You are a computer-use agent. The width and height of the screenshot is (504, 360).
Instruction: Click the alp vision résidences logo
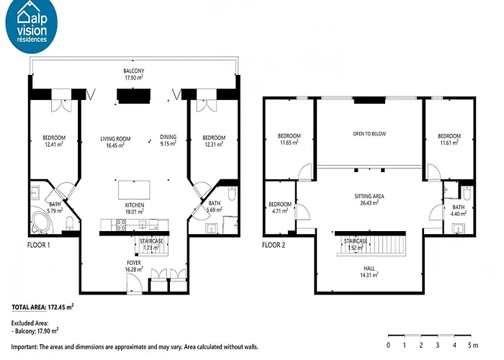click(x=32, y=25)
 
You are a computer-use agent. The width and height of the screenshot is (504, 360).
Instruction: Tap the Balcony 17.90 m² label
click(x=134, y=74)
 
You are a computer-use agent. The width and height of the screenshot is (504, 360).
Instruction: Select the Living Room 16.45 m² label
click(x=115, y=142)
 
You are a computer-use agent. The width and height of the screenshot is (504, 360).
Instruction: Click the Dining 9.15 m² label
click(x=168, y=140)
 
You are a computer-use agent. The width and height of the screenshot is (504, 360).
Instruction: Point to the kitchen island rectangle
click(x=134, y=189)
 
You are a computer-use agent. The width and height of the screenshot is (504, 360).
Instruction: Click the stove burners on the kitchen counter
click(x=121, y=225)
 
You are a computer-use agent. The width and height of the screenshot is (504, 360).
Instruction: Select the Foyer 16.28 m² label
click(x=134, y=266)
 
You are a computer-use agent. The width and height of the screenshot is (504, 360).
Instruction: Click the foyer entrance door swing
click(x=135, y=283)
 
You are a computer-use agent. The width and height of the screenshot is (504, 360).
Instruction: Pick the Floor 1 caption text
click(x=39, y=246)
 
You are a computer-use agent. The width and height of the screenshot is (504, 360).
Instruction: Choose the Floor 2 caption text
click(x=274, y=246)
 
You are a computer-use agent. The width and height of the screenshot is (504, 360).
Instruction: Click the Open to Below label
click(x=369, y=134)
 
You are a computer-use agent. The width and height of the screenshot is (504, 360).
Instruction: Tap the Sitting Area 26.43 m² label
click(x=369, y=199)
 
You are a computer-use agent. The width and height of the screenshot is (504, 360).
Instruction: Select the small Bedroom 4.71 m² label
click(x=280, y=207)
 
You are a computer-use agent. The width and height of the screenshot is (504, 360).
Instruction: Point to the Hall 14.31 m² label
click(x=369, y=271)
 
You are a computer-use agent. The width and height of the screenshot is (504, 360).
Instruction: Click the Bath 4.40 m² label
click(x=459, y=210)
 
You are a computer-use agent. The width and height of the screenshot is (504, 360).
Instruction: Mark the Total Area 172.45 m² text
click(x=42, y=307)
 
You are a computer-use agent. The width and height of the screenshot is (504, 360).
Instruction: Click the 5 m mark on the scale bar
click(x=472, y=345)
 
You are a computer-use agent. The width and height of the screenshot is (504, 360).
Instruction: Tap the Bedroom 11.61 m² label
click(x=449, y=139)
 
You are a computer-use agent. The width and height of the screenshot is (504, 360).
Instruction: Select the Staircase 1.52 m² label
click(x=356, y=244)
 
